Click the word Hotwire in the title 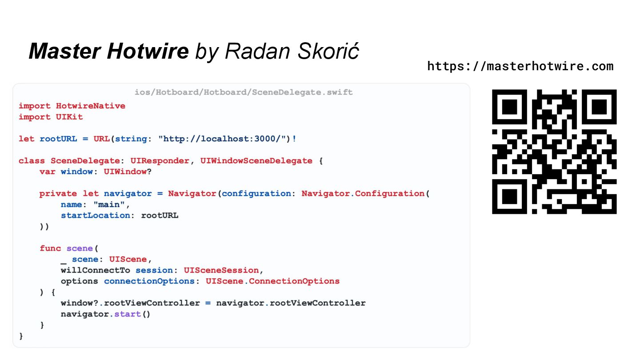[x=148, y=51]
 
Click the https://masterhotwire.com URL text [x=520, y=66]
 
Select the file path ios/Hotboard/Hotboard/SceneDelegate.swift [x=244, y=92]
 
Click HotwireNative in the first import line [x=91, y=106]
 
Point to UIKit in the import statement [x=69, y=117]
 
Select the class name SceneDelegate [x=85, y=160]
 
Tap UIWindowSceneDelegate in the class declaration [x=256, y=160]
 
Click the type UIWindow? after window [x=128, y=172]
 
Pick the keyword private [x=58, y=193]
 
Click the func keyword [x=50, y=248]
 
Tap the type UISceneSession [x=221, y=270]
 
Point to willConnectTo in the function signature [x=96, y=270]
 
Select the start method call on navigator [x=128, y=314]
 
